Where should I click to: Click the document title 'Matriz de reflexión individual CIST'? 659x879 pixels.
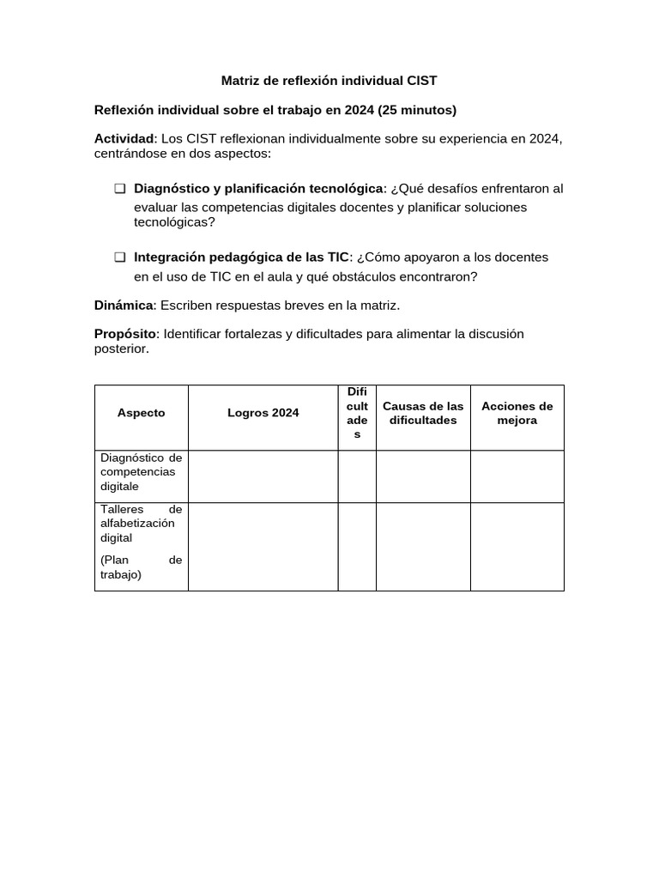click(329, 81)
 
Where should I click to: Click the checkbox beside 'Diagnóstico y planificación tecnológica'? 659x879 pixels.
click(119, 189)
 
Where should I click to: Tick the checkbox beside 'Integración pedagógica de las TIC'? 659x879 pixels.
click(119, 258)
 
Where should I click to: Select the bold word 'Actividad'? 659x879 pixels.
click(124, 139)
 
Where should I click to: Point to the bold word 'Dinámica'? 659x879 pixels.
click(124, 306)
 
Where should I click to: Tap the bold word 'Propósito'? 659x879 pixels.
click(125, 333)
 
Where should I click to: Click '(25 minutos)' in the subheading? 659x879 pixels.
click(417, 110)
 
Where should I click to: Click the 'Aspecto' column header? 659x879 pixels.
click(141, 413)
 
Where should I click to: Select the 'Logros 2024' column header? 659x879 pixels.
click(263, 413)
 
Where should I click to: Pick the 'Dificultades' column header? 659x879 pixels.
click(357, 413)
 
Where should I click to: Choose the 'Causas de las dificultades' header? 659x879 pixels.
click(423, 413)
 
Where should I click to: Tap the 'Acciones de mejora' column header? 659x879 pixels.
click(517, 413)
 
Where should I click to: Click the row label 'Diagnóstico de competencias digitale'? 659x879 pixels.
click(141, 472)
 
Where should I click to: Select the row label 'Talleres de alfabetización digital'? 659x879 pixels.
click(141, 524)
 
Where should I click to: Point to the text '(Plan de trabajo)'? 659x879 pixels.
click(141, 567)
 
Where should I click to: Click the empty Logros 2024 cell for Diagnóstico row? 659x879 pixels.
click(263, 476)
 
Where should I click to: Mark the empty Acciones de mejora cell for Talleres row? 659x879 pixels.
click(517, 547)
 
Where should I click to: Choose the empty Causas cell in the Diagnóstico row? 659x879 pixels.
click(423, 476)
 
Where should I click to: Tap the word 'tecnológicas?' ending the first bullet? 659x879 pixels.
click(174, 222)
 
